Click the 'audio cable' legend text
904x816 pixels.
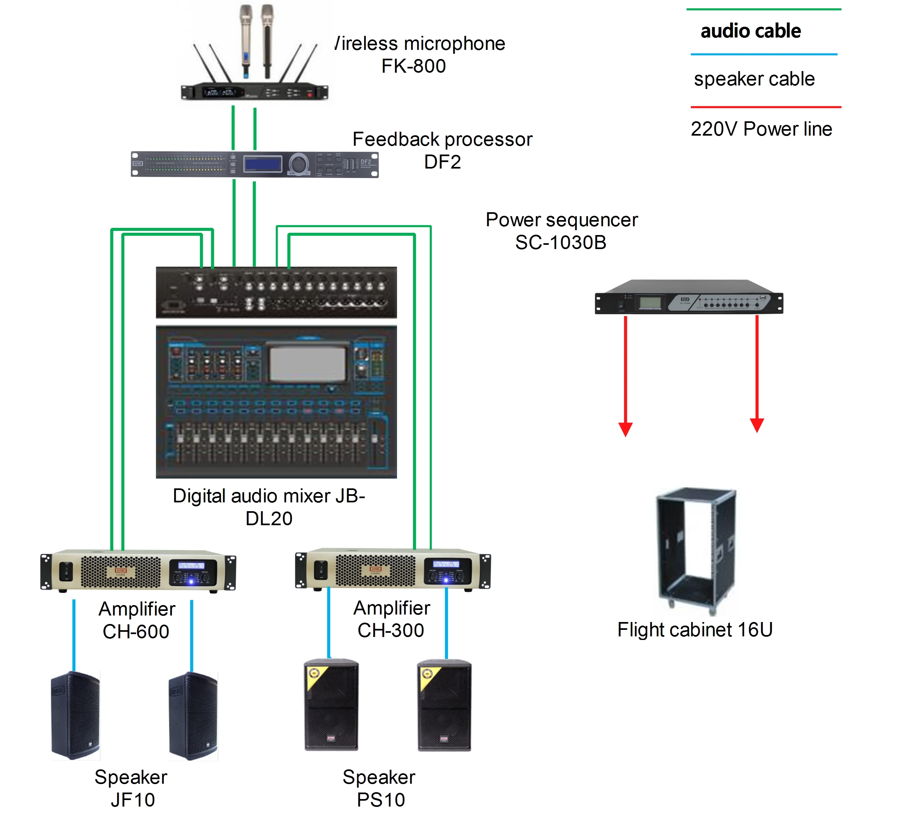(x=750, y=31)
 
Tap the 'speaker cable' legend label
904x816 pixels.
(x=754, y=79)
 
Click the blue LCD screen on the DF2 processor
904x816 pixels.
(x=262, y=164)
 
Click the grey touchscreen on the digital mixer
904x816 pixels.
(x=308, y=363)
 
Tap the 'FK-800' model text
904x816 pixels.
(x=413, y=66)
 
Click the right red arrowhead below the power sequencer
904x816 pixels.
(x=757, y=425)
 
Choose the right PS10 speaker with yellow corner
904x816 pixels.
(x=444, y=705)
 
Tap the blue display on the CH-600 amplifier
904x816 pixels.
(x=192, y=566)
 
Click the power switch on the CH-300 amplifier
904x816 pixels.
(x=321, y=570)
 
